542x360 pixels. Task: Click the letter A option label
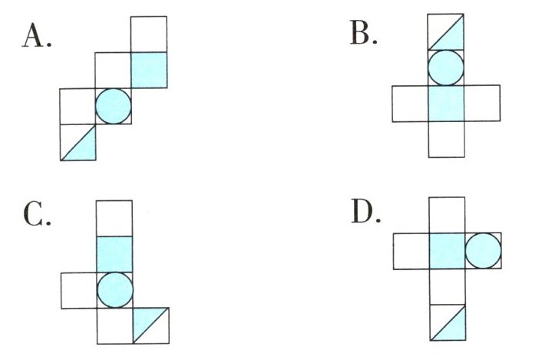[x=37, y=36]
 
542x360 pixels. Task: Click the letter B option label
[x=362, y=36]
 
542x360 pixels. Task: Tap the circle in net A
[x=114, y=106]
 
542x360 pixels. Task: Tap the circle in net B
[x=446, y=68]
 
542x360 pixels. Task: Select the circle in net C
[x=114, y=289]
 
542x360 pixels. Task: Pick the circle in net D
[x=484, y=250]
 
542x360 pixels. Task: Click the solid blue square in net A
[x=149, y=70]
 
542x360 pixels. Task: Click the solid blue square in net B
[x=446, y=104]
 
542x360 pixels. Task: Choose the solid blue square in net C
[x=114, y=253]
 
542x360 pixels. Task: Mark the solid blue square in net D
[x=448, y=250]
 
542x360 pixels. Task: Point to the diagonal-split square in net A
[x=78, y=142]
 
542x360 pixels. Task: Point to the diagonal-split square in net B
[x=446, y=33]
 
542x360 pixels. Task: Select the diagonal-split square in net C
[x=150, y=325]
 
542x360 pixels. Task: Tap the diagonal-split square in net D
[x=448, y=322]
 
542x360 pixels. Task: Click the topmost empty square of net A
[x=149, y=35]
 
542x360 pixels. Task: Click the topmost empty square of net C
[x=114, y=218]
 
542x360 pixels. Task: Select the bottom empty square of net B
[x=446, y=140]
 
